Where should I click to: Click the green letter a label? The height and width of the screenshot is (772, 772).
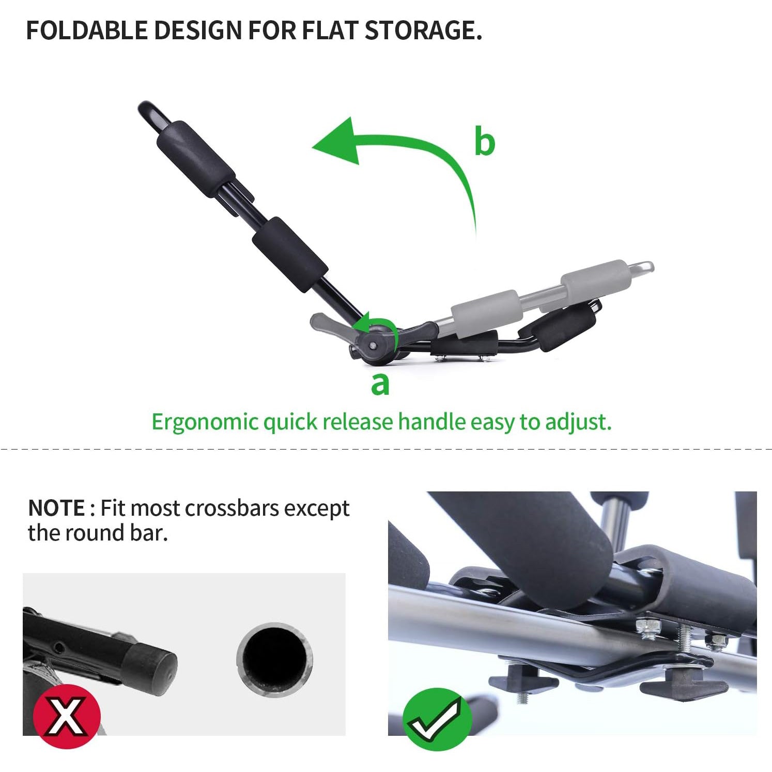pos(380,384)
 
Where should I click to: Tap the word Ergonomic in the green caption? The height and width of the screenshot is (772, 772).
pos(205,422)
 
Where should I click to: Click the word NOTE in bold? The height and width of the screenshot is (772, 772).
pos(56,508)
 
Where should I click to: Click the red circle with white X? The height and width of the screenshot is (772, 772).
pos(67,716)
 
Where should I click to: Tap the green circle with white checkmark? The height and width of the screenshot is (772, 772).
pos(437,718)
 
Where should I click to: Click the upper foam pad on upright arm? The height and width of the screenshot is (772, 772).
pos(195,158)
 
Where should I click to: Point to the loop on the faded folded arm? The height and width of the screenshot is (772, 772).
pos(642,268)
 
